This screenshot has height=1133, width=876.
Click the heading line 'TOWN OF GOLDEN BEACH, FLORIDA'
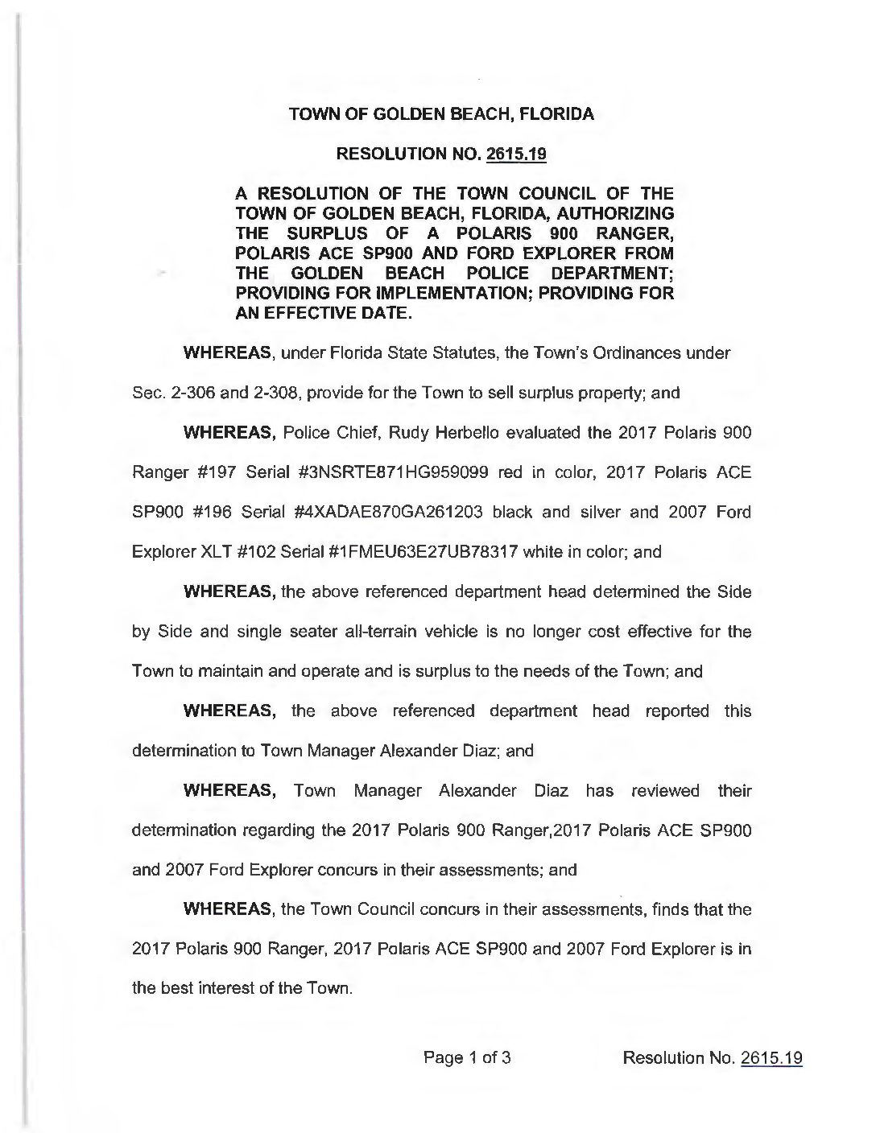(441, 114)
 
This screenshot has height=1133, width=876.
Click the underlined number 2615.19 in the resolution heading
(517, 154)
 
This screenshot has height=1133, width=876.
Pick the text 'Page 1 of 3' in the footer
(467, 1058)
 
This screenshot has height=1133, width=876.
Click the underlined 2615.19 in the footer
(771, 1058)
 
